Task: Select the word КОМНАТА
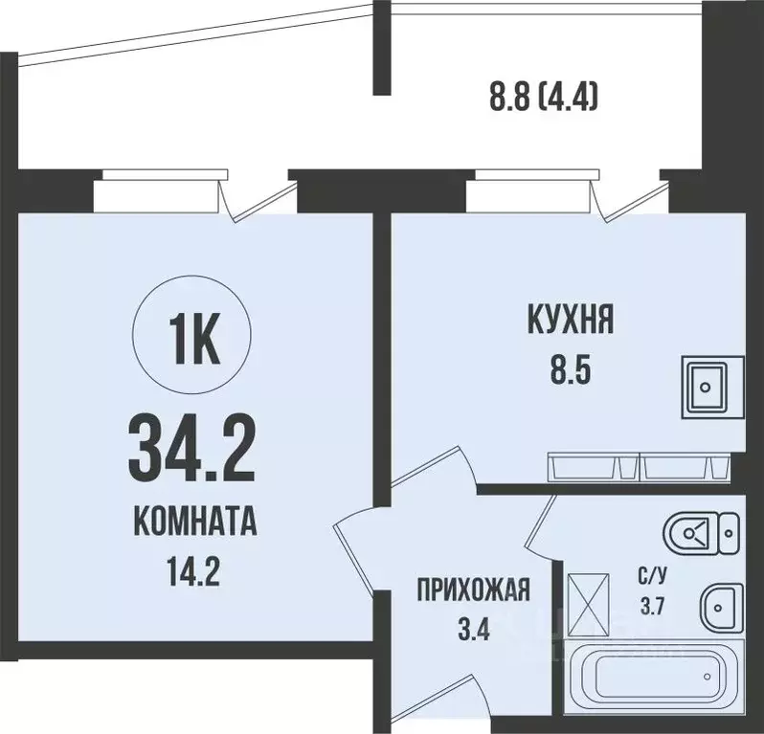194,524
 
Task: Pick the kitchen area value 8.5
570,368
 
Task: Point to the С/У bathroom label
654,576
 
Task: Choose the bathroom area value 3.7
654,606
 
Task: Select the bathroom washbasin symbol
720,605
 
